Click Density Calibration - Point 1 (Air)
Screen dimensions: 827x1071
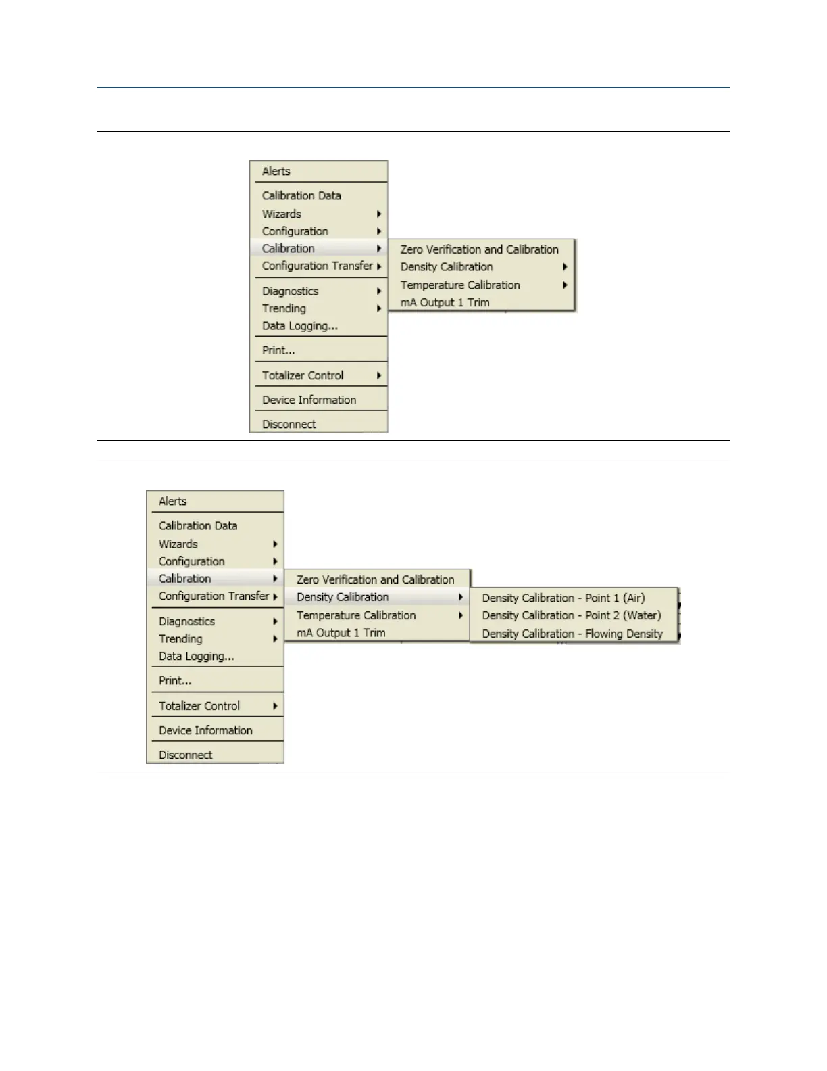pyautogui.click(x=563, y=598)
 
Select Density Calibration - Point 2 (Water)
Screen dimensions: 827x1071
pyautogui.click(x=571, y=616)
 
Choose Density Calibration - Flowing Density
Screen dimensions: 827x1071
pyautogui.click(x=572, y=634)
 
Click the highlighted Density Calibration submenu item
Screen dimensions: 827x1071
pyautogui.click(x=343, y=597)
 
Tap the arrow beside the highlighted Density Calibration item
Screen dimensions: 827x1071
pyautogui.click(x=460, y=597)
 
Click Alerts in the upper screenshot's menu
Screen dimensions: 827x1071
pyautogui.click(x=276, y=172)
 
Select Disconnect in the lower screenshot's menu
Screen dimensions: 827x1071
pyautogui.click(x=185, y=755)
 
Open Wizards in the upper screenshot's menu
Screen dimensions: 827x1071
pyautogui.click(x=282, y=214)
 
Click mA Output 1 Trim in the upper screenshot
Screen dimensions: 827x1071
pyautogui.click(x=445, y=302)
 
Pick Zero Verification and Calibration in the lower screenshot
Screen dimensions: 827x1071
pyautogui.click(x=375, y=579)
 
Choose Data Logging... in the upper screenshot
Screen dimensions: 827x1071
pyautogui.click(x=299, y=326)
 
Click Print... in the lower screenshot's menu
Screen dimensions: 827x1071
pyautogui.click(x=175, y=681)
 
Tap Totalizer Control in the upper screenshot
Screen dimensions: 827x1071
pyautogui.click(x=303, y=375)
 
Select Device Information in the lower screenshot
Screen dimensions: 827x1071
pyautogui.click(x=205, y=730)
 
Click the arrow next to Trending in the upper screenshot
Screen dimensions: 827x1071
pyautogui.click(x=379, y=309)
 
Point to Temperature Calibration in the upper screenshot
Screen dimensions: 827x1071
pyautogui.click(x=460, y=285)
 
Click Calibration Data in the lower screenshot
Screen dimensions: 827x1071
pyautogui.click(x=198, y=525)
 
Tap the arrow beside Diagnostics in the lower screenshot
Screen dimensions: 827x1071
pyautogui.click(x=276, y=621)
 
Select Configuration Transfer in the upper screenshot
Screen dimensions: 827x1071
pyautogui.click(x=318, y=266)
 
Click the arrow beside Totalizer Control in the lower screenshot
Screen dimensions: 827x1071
pyautogui.click(x=276, y=706)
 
